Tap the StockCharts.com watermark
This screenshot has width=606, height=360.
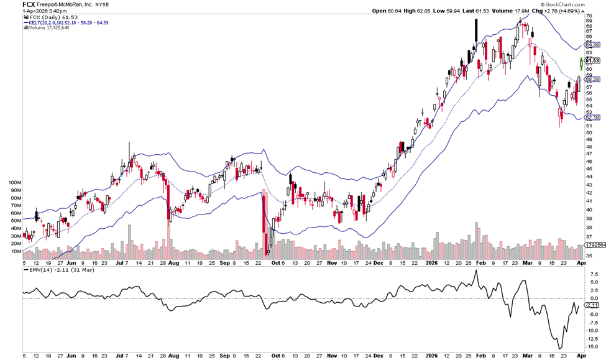579,4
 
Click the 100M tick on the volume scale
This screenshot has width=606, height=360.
14,183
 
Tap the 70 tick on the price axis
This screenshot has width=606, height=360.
587,16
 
